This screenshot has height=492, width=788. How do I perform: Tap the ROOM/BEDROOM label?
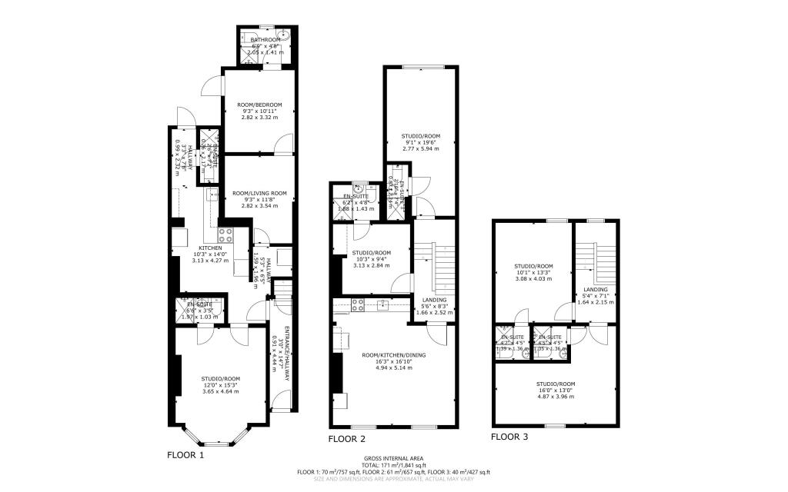click(259, 105)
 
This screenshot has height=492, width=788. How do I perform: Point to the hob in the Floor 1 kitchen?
click(226, 236)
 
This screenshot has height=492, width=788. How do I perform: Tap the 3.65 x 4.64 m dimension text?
click(220, 391)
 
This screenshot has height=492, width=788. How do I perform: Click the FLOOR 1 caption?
click(185, 454)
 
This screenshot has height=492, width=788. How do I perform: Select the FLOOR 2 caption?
click(346, 440)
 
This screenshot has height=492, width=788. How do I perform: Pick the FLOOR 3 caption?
click(509, 437)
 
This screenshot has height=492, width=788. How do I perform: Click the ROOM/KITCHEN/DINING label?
click(394, 355)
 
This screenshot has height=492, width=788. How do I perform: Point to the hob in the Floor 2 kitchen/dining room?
click(358, 304)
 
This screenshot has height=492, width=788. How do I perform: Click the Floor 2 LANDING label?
click(435, 300)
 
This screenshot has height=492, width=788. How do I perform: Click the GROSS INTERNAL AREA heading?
click(393, 459)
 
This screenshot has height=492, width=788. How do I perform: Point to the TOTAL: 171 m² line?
click(393, 466)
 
